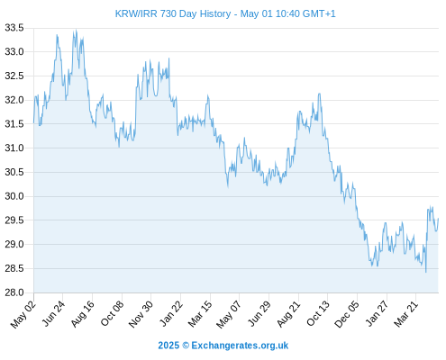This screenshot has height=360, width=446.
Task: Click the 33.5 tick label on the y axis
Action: [x=14, y=28]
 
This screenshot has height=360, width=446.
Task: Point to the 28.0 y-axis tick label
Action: [x=14, y=292]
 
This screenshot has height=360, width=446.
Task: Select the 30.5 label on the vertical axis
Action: [x=14, y=172]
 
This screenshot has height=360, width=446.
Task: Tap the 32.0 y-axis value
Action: [x=14, y=100]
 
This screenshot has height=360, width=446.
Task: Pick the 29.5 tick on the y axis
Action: [x=14, y=220]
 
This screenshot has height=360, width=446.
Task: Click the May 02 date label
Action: [x=23, y=314]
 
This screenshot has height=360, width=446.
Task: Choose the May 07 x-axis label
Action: [x=229, y=314]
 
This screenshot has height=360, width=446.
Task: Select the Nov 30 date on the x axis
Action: [x=141, y=314]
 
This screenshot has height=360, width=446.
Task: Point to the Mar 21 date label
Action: [x=406, y=314]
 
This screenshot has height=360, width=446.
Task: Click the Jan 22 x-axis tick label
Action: [x=170, y=314]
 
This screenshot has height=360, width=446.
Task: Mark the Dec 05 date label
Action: [x=347, y=314]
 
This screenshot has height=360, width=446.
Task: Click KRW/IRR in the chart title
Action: [x=136, y=13]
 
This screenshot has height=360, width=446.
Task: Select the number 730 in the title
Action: [x=168, y=13]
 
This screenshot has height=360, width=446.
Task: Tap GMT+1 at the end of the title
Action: [x=319, y=13]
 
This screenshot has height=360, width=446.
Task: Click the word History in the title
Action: [x=215, y=14]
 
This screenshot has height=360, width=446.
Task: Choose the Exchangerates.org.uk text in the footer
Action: [x=240, y=346]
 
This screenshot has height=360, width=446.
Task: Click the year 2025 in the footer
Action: [x=168, y=346]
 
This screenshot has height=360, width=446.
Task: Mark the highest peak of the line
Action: [x=77, y=30]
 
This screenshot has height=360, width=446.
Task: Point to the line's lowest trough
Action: [x=425, y=272]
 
